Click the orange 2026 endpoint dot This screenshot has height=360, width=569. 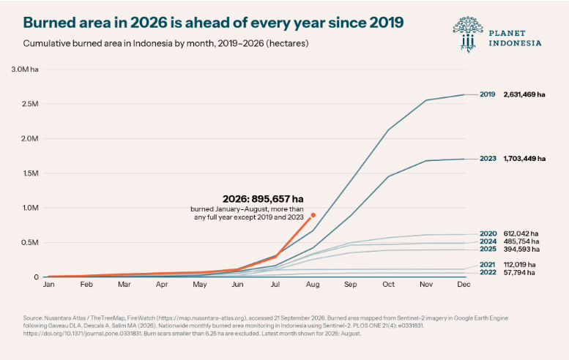tap(313, 215)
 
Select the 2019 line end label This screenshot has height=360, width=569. tap(488, 94)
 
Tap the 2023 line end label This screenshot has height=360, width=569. tap(488, 159)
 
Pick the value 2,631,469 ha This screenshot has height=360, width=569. tap(524, 94)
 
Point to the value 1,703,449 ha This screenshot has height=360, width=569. tap(524, 159)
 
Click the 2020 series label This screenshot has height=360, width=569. tap(488, 234)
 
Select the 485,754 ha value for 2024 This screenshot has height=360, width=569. tap(521, 241)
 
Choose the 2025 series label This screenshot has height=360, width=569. tap(488, 249)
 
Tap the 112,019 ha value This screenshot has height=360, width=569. tap(519, 265)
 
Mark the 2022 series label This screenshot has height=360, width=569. tap(488, 272)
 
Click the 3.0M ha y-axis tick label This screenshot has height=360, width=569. tap(25, 70)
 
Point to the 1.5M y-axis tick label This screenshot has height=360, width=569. tap(30, 173)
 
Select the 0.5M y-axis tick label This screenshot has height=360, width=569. tap(30, 242)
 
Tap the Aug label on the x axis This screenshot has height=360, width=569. tap(313, 285)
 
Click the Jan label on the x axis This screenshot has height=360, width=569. tap(48, 285)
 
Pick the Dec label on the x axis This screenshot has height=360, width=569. tap(464, 285)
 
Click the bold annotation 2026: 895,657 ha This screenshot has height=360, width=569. tap(263, 199)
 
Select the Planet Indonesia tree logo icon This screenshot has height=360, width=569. tap(468, 34)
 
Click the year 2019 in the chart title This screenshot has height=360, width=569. tap(387, 23)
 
